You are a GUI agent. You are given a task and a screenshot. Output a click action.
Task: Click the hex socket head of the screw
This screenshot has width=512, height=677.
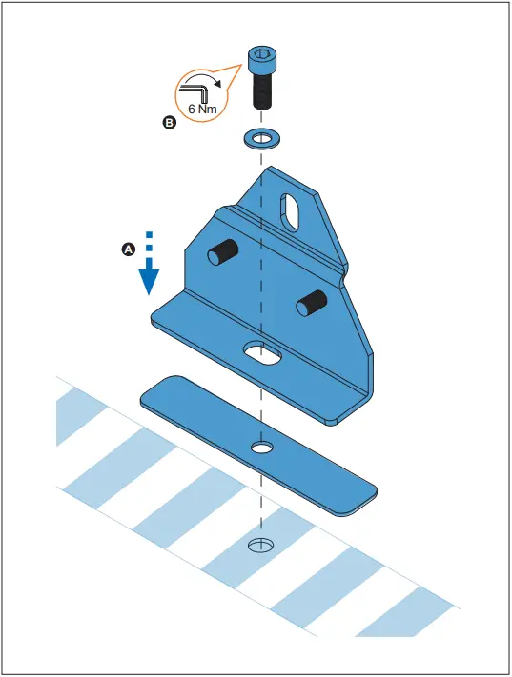(x=262, y=60)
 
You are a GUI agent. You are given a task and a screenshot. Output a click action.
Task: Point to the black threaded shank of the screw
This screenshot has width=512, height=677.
(x=261, y=90)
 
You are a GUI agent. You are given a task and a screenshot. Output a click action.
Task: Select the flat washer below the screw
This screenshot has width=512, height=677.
(x=262, y=139)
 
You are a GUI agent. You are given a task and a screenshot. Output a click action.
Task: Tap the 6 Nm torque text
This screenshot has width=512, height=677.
(x=202, y=109)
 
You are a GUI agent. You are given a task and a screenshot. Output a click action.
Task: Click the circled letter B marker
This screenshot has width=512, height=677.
(x=169, y=123)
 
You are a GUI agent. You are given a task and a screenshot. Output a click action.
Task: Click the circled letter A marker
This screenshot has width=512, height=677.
(x=129, y=249)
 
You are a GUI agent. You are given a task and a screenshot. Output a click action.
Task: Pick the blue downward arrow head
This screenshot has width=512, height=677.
(x=149, y=281)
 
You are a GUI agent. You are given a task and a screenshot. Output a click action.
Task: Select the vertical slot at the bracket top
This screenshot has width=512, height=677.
(x=290, y=211)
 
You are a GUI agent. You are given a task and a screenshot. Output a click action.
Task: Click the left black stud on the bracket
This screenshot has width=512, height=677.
(x=222, y=251)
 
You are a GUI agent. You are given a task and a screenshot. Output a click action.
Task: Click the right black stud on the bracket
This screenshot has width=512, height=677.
(x=311, y=303)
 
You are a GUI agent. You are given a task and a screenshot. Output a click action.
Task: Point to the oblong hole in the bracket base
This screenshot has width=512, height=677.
(x=262, y=352)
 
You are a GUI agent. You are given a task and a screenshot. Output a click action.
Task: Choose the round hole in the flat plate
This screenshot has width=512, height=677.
(x=261, y=448)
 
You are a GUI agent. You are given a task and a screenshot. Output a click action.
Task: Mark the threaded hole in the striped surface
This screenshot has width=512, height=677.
(x=260, y=546)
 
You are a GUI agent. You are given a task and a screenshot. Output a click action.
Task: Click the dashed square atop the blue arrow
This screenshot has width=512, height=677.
(x=149, y=235)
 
